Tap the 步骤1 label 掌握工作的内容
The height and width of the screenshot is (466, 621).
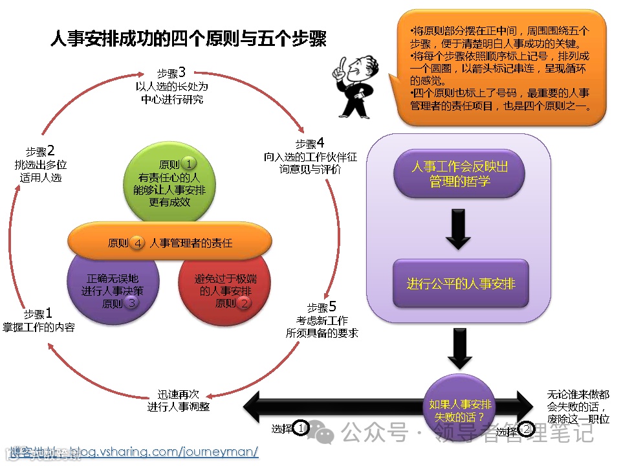[x=39, y=321]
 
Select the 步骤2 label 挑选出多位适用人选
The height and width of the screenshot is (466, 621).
[x=41, y=164]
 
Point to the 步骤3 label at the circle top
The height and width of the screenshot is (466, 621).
[x=171, y=85]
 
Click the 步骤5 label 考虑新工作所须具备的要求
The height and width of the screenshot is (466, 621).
[x=321, y=320]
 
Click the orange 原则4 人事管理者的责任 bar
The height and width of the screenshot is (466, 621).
[x=169, y=243]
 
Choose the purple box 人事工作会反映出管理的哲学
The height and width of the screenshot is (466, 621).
[x=459, y=173]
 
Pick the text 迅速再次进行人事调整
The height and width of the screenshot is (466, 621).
[x=179, y=401]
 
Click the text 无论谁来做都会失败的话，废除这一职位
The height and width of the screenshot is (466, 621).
[x=578, y=406]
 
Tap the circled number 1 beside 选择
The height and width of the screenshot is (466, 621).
[x=301, y=428]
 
